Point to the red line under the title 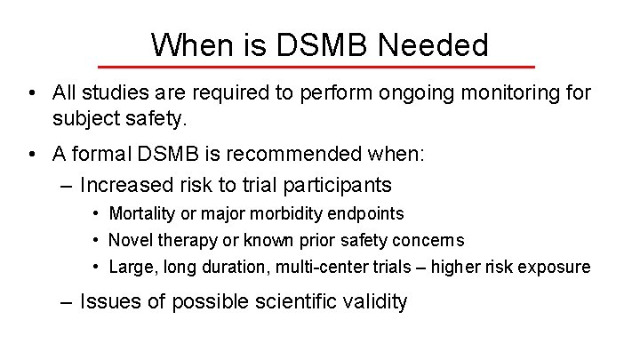coord(316,67)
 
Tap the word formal coord(105,155)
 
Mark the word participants coord(341,185)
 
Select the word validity coord(377,301)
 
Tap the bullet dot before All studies coord(31,93)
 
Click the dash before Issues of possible coord(66,301)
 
